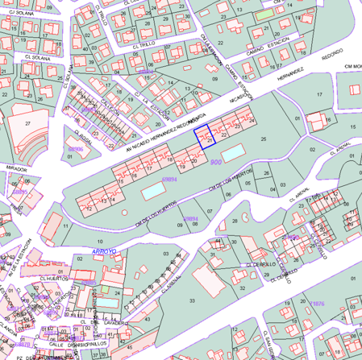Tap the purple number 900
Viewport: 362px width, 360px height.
215,162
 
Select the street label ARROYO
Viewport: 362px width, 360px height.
105,251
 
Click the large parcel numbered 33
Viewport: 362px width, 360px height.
192,300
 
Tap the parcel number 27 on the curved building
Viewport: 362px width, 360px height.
28,123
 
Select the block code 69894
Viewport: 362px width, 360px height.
169,180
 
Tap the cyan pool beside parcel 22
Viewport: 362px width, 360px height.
253,151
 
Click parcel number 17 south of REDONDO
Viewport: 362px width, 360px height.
319,95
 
